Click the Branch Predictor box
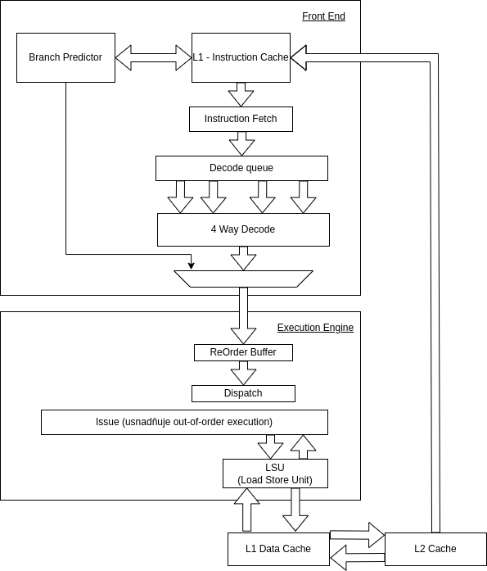tap(65, 57)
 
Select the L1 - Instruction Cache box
tap(241, 57)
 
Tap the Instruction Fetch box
tap(241, 119)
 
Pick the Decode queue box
tap(241, 168)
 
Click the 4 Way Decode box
tap(243, 229)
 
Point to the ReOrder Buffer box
tap(243, 352)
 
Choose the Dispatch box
tap(243, 394)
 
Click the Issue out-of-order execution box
tap(184, 422)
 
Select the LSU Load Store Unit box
tap(275, 474)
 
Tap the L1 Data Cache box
tap(278, 549)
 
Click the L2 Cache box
tap(435, 549)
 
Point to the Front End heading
tap(323, 16)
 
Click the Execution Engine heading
tap(315, 328)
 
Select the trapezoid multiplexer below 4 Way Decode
tap(243, 279)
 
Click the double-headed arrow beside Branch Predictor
tap(154, 57)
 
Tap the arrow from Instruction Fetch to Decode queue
tap(242, 143)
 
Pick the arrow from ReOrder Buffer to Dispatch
tap(243, 373)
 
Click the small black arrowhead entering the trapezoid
tap(191, 266)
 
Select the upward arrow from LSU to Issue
tap(304, 446)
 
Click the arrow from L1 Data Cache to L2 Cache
tap(357, 535)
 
